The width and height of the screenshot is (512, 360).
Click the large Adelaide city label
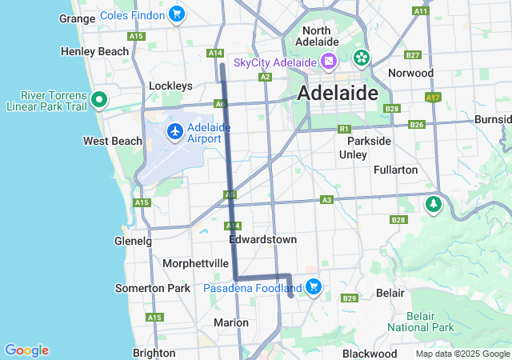337,93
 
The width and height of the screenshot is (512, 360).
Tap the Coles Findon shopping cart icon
177,14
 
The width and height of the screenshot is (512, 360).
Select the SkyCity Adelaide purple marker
328,62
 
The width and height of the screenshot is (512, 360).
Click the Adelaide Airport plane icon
174,131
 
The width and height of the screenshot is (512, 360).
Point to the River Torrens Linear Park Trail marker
99,100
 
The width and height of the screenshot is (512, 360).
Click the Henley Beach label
94,51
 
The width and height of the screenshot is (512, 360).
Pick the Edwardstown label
262,239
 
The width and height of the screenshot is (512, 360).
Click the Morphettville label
196,263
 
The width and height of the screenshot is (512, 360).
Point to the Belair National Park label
421,322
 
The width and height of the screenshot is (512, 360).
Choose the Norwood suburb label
410,73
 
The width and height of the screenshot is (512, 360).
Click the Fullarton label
395,170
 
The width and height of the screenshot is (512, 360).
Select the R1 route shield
344,128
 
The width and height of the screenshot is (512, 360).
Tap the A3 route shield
326,199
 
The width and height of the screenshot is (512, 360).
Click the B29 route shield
349,298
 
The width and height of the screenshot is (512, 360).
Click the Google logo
26,350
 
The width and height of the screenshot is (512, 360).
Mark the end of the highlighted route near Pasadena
291,295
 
